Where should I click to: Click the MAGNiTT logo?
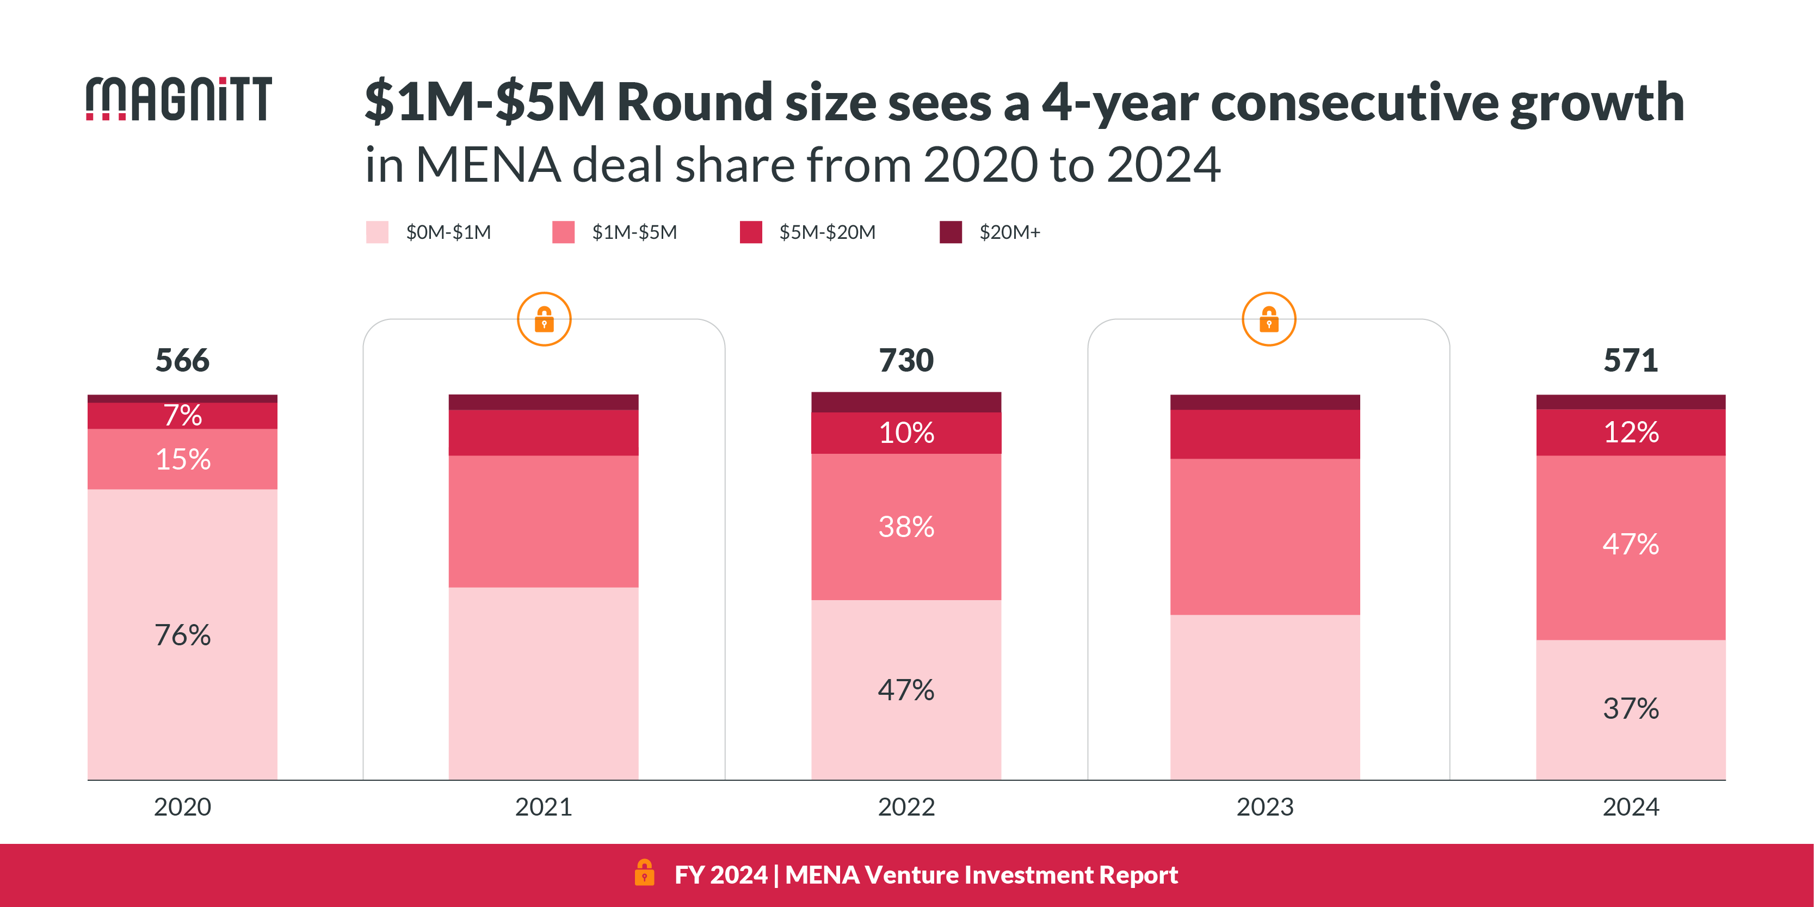point(179,99)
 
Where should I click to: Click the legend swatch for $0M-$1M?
point(377,232)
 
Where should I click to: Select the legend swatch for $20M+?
point(951,232)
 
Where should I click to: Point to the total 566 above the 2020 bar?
point(182,361)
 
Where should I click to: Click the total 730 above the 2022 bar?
point(906,361)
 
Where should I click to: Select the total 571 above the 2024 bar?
point(1630,361)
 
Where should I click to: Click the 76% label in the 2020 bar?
point(182,635)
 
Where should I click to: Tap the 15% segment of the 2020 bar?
point(182,459)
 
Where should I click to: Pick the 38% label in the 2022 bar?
point(906,527)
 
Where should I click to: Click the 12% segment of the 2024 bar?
point(1630,431)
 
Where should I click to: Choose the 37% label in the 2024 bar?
point(1630,708)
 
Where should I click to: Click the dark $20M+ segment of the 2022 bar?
point(906,402)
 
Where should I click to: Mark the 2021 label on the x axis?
point(544,807)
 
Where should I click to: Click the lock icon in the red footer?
point(644,873)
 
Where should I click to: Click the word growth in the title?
point(1596,103)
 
